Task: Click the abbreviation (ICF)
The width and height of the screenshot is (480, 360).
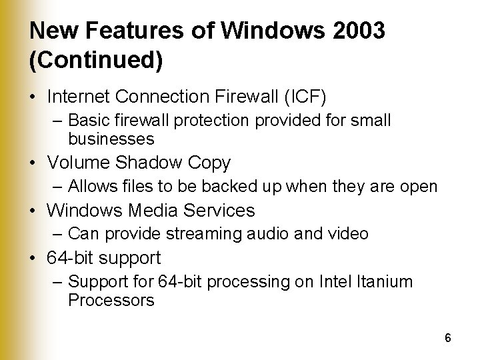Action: click(x=303, y=97)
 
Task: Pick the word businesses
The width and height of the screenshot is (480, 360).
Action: click(x=111, y=139)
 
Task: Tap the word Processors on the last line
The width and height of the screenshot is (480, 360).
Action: click(x=111, y=300)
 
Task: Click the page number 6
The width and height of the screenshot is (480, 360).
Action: click(x=448, y=338)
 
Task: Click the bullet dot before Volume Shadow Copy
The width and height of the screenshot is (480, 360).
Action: click(x=35, y=163)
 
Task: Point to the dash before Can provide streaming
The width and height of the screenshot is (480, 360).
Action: click(x=59, y=234)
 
